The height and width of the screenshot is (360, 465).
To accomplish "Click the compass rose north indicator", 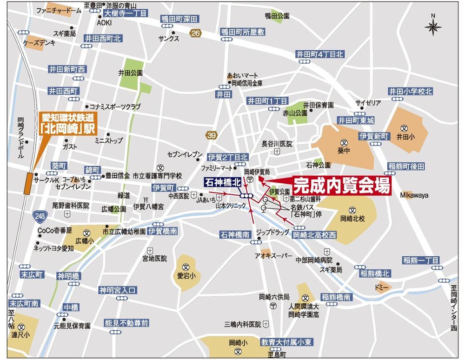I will pos(433,27).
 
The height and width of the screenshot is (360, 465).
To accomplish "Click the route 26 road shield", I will pos(196,33).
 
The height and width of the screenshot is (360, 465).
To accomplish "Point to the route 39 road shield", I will pos(212,135).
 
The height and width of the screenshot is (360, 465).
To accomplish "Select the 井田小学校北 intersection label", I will pos(411,91).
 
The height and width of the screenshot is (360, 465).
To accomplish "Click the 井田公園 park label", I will pos(130,73).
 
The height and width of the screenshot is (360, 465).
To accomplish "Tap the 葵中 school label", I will pos(343,151).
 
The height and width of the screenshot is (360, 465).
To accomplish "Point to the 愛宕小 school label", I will pos(186,275).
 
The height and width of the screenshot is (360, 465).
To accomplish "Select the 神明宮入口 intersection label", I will pos(118,290).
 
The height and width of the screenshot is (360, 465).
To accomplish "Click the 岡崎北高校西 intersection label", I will pos(315,235).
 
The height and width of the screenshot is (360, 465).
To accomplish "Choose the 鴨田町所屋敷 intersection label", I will pos(243,32).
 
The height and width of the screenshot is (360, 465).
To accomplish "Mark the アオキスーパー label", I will pos(273,256).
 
